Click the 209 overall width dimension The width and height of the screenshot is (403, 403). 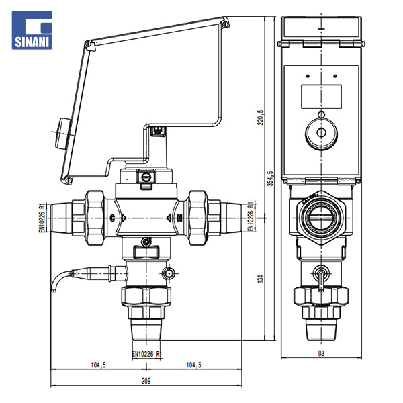click(146, 380)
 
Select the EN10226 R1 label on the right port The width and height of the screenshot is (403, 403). click(250, 216)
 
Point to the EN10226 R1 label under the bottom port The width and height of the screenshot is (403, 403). click(146, 351)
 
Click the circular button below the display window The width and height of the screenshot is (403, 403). click(320, 133)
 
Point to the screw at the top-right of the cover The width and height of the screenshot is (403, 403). click(226, 24)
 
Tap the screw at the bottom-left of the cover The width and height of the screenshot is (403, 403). click(67, 179)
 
